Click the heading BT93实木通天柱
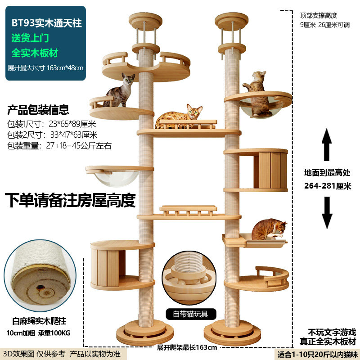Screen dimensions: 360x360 (47, 23)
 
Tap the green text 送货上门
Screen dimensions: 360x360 (30, 38)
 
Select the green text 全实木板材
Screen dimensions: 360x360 (35, 53)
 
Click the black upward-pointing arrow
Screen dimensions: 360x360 (327, 144)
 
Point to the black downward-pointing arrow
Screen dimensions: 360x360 (327, 212)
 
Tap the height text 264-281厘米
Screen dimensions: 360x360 (328, 186)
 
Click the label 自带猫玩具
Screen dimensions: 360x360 (190, 314)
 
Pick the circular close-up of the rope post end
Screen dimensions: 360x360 (40, 275)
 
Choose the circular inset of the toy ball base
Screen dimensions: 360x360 (189, 278)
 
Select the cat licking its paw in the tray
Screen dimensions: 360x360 (269, 229)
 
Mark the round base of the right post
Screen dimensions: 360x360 (232, 333)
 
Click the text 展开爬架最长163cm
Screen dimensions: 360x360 (187, 347)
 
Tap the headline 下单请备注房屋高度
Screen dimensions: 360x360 (70, 200)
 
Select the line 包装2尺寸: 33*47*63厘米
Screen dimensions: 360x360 (52, 135)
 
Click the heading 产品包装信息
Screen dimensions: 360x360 (38, 110)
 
